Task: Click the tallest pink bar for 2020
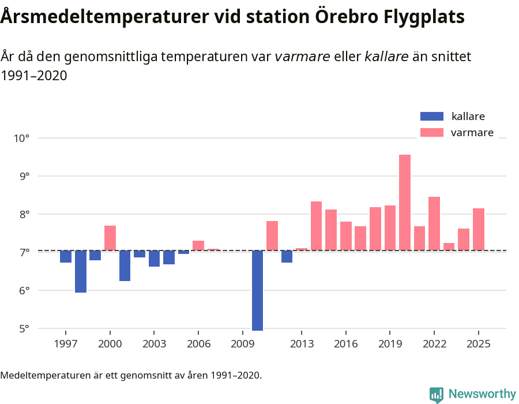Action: click(405, 202)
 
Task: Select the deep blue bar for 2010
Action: click(257, 290)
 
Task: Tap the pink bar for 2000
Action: click(110, 238)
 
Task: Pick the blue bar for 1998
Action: click(81, 271)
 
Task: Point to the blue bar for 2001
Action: click(125, 265)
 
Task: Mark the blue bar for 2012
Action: click(287, 256)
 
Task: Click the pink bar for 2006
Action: click(198, 245)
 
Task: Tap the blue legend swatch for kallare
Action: click(432, 116)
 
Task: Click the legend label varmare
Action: click(472, 133)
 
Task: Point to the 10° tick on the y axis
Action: click(22, 138)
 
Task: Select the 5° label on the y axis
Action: click(22, 329)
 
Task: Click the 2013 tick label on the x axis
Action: click(301, 344)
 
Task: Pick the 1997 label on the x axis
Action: click(66, 344)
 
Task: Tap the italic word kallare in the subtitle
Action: click(386, 57)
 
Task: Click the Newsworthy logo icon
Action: click(437, 394)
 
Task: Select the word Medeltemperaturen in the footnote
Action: click(44, 376)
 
